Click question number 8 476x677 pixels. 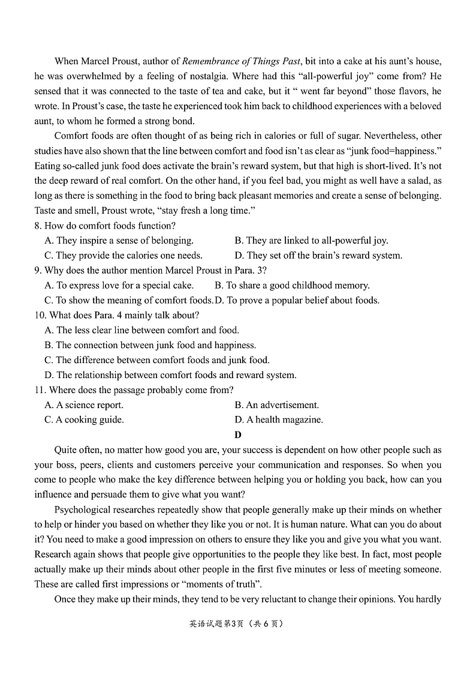pyautogui.click(x=37, y=226)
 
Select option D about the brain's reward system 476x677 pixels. pyautogui.click(x=318, y=255)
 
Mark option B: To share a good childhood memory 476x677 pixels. pyautogui.click(x=292, y=285)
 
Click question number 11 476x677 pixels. pyautogui.click(x=40, y=390)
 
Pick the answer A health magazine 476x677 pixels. pyautogui.click(x=279, y=420)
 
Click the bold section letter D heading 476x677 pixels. pyautogui.click(x=238, y=435)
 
